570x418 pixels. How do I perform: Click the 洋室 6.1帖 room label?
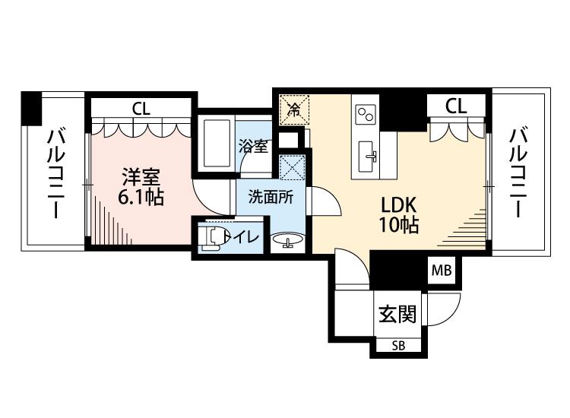click(141, 187)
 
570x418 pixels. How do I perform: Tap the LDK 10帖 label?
click(399, 215)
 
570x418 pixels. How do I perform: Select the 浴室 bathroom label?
click(253, 146)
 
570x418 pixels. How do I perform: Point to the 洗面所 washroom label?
click(271, 197)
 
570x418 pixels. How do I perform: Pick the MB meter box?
click(442, 271)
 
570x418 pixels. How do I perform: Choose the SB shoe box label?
click(398, 346)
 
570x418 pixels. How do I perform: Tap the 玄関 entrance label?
click(397, 314)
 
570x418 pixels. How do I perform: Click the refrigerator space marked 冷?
click(294, 109)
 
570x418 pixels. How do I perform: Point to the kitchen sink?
click(368, 157)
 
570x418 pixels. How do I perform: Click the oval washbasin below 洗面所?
click(288, 241)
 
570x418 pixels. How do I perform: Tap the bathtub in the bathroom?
click(217, 144)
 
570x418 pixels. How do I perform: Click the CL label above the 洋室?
click(141, 108)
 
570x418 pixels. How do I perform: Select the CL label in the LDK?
click(456, 106)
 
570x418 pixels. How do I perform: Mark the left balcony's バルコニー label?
click(55, 174)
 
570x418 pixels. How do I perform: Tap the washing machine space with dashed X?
click(293, 167)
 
